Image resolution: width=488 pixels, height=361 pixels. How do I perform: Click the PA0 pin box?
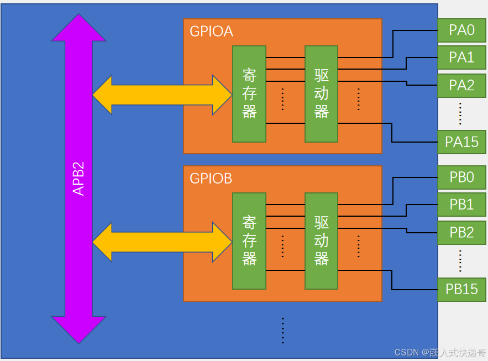[462, 30]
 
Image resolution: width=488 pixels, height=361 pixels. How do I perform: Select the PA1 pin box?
[462, 57]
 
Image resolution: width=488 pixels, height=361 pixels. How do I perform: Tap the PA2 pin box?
[462, 85]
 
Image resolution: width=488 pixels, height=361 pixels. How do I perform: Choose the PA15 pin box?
[462, 142]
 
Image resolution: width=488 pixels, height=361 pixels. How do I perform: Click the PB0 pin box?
[462, 177]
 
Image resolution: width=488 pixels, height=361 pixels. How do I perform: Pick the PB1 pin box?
[462, 205]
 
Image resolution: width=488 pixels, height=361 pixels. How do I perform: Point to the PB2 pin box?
[462, 233]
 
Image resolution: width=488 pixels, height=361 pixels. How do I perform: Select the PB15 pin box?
[462, 289]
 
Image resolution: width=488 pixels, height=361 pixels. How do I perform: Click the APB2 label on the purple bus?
[78, 178]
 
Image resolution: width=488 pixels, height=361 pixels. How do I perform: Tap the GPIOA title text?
[211, 32]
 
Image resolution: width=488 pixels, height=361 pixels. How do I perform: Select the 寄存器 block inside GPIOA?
[249, 93]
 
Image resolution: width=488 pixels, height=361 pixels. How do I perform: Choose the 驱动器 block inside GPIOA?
[321, 93]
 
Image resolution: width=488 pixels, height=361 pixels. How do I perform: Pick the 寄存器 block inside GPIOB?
[249, 240]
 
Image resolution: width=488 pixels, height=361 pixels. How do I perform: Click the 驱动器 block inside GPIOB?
[321, 240]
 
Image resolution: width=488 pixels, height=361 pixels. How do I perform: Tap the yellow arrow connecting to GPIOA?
[162, 95]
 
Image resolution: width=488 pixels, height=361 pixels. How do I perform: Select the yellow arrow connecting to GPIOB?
[162, 242]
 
